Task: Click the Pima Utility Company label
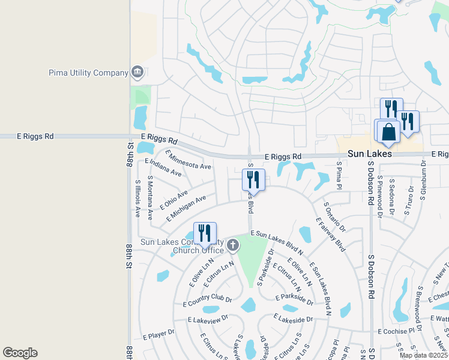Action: (x=89, y=73)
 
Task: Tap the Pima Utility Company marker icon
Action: (x=137, y=73)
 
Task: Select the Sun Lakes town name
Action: (x=370, y=154)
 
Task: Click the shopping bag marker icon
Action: (x=388, y=131)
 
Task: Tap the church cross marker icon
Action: (x=233, y=245)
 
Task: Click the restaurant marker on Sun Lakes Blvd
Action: (x=253, y=179)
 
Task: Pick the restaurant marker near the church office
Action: (x=205, y=233)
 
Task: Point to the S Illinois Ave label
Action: (x=137, y=198)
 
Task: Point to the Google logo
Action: (x=20, y=353)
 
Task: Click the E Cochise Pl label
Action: (x=396, y=331)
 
